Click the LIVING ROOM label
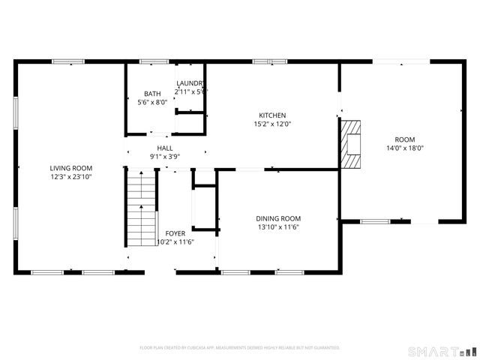point(70,168)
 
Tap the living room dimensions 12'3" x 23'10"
point(70,177)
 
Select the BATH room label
point(152,94)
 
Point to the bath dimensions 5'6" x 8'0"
point(152,103)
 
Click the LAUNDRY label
point(190,83)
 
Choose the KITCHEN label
point(272,115)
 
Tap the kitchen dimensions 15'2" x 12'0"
point(272,124)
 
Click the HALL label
point(165,148)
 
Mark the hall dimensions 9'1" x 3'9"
point(165,157)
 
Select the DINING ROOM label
point(278,218)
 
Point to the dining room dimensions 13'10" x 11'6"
point(278,227)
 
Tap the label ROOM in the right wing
point(405,139)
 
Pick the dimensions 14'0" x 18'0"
point(405,148)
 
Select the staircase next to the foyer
point(141,208)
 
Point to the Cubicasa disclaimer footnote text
point(240,348)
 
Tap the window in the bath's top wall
point(153,61)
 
